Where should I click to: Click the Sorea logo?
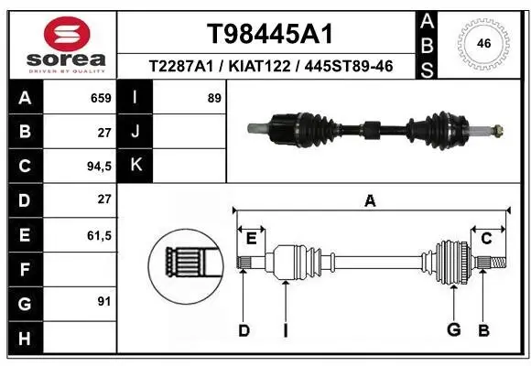tap(60, 43)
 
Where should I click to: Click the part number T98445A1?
tap(268, 34)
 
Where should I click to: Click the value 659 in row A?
tap(101, 98)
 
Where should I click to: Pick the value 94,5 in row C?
tap(98, 167)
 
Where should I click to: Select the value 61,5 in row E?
tap(98, 235)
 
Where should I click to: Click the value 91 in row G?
tap(104, 301)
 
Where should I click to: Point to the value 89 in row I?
tap(214, 98)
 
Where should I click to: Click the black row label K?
tap(135, 167)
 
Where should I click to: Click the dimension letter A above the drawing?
tap(370, 201)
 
